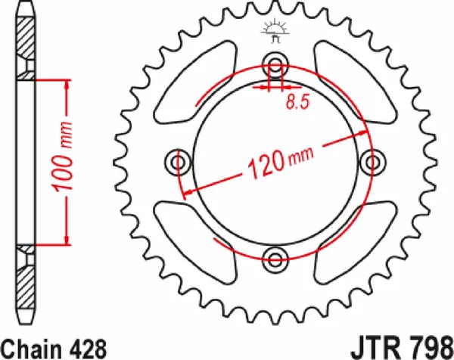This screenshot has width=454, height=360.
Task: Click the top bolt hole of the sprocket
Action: pos(275,64)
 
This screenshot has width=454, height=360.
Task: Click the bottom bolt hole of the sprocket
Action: pos(275,261)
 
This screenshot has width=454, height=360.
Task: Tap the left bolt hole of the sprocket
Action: pos(178,163)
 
